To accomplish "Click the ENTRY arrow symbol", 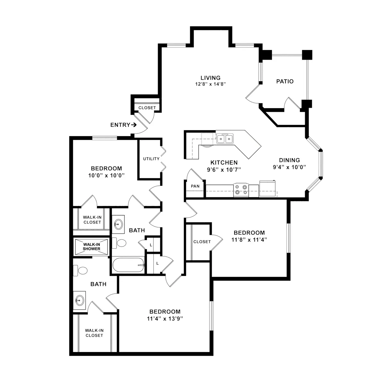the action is click(x=134, y=125).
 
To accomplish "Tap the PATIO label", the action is click(x=285, y=81).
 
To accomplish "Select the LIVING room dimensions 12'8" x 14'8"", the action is click(x=210, y=84).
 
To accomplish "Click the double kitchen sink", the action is click(x=225, y=139).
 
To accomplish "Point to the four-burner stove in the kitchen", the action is click(x=241, y=190).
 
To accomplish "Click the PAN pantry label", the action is click(x=195, y=186).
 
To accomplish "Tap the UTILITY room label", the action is click(x=151, y=159).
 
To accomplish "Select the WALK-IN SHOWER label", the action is click(x=91, y=246).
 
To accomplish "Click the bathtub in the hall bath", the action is click(x=128, y=265).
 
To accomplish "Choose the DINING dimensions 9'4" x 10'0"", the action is click(x=289, y=167).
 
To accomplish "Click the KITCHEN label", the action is click(x=224, y=162).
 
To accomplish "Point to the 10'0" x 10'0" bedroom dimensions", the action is click(x=106, y=175).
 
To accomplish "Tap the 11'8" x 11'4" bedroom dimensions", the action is click(x=249, y=240).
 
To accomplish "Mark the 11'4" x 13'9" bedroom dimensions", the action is click(x=165, y=319).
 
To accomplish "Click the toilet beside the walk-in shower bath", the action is click(x=80, y=271).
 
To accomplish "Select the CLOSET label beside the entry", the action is click(x=147, y=108).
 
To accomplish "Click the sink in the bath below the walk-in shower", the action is click(x=80, y=301).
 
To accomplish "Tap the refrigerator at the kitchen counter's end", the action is click(x=267, y=189).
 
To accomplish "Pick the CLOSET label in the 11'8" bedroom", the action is click(x=202, y=242).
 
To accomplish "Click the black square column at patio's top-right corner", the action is click(x=307, y=55).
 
